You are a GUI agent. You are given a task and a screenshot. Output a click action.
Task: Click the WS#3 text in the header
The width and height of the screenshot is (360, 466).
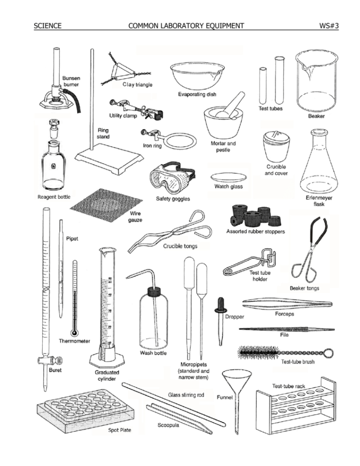click(329, 25)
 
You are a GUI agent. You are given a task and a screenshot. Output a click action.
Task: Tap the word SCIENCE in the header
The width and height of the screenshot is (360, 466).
click(48, 25)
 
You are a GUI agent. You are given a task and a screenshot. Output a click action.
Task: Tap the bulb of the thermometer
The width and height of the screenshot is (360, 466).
click(74, 333)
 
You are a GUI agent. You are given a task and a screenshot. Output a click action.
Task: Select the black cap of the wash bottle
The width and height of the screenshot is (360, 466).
click(154, 290)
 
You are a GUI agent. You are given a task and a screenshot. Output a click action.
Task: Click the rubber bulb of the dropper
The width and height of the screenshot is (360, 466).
click(221, 304)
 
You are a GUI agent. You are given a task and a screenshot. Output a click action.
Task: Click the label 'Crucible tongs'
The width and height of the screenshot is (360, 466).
click(180, 246)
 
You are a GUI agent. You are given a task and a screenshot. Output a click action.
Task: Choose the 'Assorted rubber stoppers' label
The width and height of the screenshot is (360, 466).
click(256, 231)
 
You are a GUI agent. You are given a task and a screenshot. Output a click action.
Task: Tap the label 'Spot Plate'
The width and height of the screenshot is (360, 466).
click(119, 429)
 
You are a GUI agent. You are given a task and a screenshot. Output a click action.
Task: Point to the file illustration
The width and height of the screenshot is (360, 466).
click(284, 329)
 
